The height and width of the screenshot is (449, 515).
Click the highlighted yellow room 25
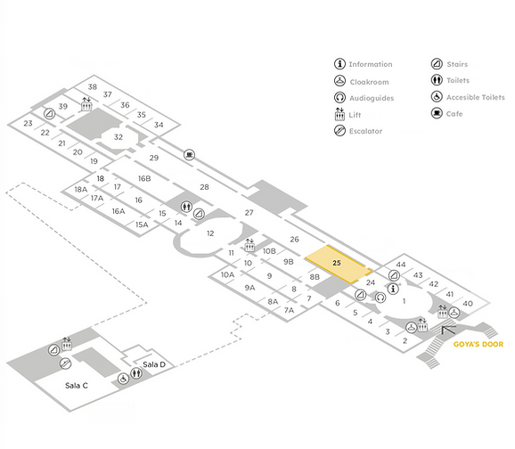click(339, 264)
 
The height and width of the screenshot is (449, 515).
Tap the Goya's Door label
click(478, 344)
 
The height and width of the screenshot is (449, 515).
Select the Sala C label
click(77, 386)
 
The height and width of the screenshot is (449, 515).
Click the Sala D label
click(154, 364)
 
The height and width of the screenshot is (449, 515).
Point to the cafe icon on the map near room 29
click(189, 154)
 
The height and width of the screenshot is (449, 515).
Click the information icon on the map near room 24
click(393, 289)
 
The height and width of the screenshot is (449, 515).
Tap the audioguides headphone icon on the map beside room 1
click(380, 298)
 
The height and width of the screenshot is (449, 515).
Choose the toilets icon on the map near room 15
click(187, 207)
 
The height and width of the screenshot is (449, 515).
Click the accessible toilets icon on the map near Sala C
click(124, 379)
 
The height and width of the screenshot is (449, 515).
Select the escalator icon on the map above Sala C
click(65, 363)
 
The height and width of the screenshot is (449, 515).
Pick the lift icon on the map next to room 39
click(86, 104)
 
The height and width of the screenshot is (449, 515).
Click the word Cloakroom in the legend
click(369, 82)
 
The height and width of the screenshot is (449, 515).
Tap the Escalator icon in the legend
click(339, 131)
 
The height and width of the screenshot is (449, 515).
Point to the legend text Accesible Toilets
click(475, 97)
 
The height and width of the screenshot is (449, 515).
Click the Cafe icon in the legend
click(437, 113)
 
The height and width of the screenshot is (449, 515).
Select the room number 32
click(119, 137)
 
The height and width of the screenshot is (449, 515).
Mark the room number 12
click(210, 233)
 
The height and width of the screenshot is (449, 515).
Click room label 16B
click(144, 178)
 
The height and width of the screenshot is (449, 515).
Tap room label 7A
click(289, 310)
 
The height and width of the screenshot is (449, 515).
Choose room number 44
click(401, 265)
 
